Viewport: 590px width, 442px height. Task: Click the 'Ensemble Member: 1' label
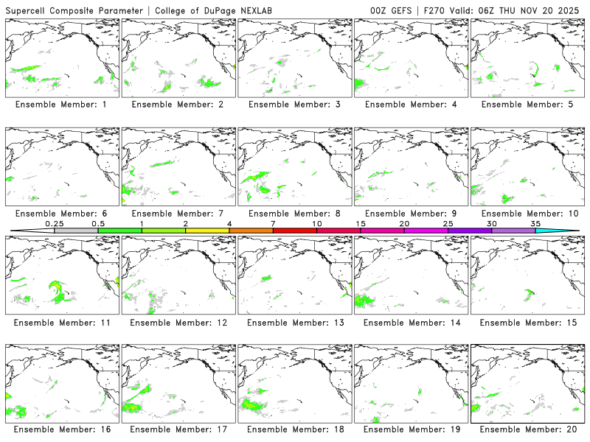tap(61, 105)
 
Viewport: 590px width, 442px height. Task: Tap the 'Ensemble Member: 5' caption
tap(526, 105)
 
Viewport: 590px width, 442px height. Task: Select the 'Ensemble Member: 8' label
tap(294, 214)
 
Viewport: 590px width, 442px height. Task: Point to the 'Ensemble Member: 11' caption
tap(61, 323)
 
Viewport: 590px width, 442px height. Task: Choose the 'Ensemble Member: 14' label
tap(409, 323)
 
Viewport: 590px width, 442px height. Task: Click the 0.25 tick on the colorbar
tap(54, 223)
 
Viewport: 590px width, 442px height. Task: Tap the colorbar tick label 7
tap(273, 223)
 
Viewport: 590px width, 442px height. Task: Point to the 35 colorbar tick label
tap(535, 223)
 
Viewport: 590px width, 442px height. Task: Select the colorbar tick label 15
tap(360, 223)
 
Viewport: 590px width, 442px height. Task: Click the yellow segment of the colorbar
tap(207, 231)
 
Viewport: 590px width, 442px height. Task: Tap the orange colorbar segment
tap(251, 231)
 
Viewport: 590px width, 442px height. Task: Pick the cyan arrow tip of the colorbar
tap(568, 231)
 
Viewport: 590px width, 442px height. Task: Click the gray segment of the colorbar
tap(76, 231)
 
